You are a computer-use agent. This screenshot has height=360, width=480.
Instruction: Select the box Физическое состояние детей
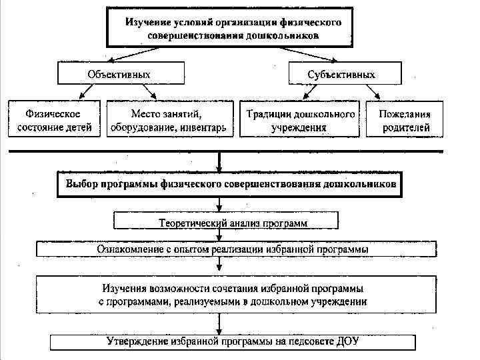click(x=55, y=119)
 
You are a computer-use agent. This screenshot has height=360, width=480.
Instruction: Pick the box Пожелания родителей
click(x=406, y=119)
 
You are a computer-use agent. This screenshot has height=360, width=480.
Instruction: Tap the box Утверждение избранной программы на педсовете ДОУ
click(x=233, y=342)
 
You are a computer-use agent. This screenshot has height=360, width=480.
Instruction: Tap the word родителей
click(x=406, y=127)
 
